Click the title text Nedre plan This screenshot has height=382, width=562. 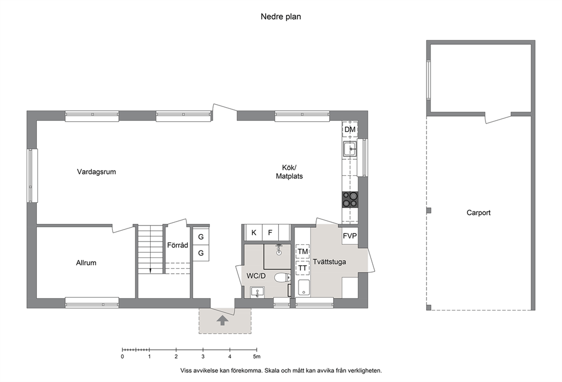coord(280,16)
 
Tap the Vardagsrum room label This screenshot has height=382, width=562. coord(96,172)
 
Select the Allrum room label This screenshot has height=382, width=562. coord(86,263)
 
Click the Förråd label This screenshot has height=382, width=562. coord(177,245)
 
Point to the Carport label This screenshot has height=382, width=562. coord(479,213)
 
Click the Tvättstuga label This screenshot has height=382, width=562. coord(329,262)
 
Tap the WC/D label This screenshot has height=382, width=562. coord(256,276)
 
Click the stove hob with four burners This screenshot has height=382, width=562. coord(350,200)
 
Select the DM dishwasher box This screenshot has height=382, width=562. coord(350,129)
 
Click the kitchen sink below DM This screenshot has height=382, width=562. coord(350,148)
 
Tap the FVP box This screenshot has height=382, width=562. coord(350,236)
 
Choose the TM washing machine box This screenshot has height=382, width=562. coord(303,252)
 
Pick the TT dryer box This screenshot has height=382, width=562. coord(303,268)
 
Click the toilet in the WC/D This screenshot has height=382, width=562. coord(283,277)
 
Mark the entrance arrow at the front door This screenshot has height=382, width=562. coord(223,320)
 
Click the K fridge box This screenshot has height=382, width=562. coord(254,233)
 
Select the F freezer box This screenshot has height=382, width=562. coord(270,233)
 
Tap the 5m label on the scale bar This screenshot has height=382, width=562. coord(257,356)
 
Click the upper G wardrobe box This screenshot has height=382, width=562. coord(201,237)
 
